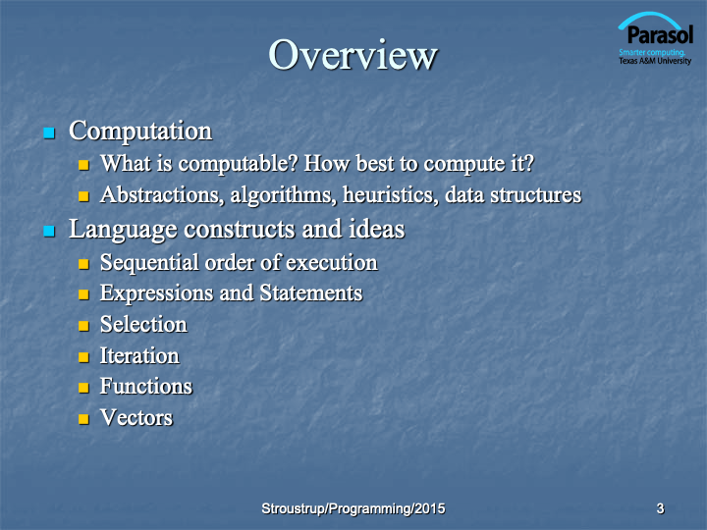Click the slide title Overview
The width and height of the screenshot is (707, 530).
353,55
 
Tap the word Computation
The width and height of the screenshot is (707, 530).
140,132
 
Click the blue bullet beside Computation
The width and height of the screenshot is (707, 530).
49,132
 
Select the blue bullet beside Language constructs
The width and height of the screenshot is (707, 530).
49,232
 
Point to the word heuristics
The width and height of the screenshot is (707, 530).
391,194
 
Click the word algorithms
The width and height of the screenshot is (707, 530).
283,195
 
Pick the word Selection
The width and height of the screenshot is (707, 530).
143,325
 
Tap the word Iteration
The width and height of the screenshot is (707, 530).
139,355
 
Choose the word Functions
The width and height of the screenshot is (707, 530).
146,387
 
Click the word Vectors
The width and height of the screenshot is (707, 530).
136,417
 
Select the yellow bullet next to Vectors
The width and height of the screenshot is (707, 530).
83,419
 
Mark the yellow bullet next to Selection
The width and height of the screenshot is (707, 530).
83,326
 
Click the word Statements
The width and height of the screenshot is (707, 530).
311,292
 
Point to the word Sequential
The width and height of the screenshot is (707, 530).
149,263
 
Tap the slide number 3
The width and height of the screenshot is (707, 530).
660,508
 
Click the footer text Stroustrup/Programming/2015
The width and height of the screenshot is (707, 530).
353,508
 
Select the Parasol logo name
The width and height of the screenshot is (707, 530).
660,35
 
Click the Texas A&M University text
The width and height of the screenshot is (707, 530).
655,61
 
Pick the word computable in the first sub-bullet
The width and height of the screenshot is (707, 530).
238,164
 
